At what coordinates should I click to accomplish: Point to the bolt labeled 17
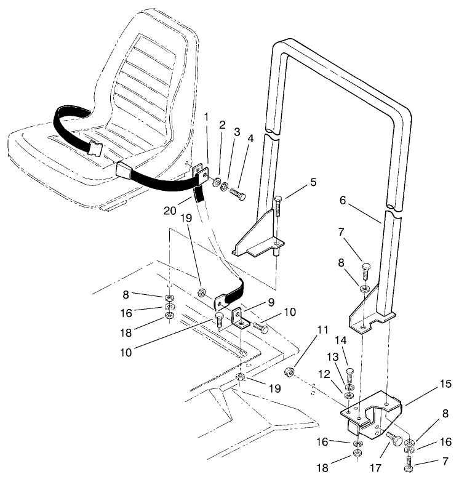coord(394,440)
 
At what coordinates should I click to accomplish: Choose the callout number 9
coord(270,302)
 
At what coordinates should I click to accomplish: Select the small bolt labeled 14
coord(350,373)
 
